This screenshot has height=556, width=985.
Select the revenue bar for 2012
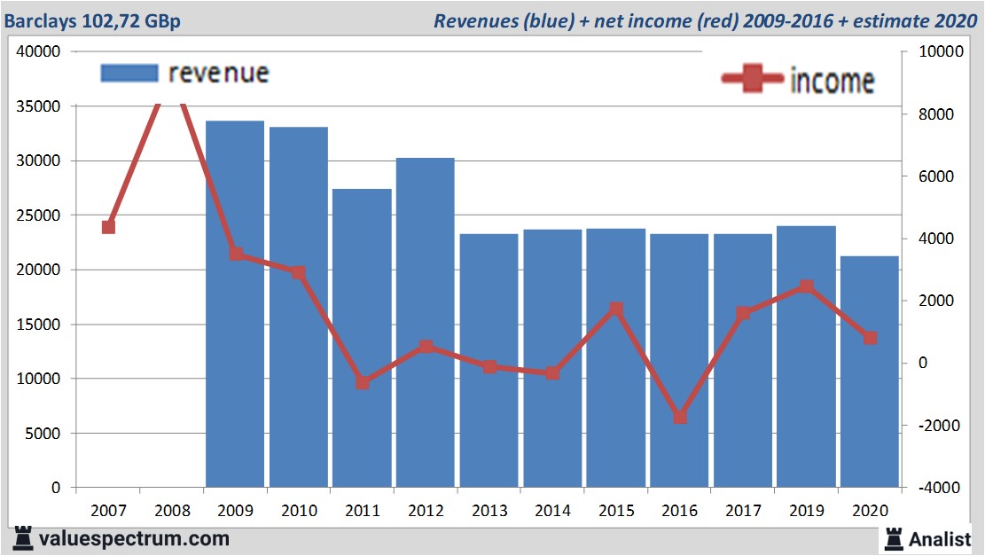pos(426,323)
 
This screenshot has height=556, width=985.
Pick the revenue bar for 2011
pos(362,338)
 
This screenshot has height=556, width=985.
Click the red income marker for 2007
pos(108,227)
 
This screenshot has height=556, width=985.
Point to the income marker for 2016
pos(680,417)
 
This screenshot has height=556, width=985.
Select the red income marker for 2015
pos(616,309)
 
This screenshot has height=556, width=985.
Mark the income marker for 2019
pos(806,286)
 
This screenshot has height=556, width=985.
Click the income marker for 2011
pos(362,383)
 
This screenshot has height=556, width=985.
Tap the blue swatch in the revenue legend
pos(129,73)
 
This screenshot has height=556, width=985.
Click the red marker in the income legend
pos(753,80)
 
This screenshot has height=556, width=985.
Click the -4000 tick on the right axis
pos(926,489)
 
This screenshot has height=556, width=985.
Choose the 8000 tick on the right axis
pos(924,114)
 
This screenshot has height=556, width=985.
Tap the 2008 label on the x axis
pos(172,511)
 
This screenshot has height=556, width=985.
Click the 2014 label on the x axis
pos(552,511)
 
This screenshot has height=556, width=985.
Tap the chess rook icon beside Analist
pos(893,537)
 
